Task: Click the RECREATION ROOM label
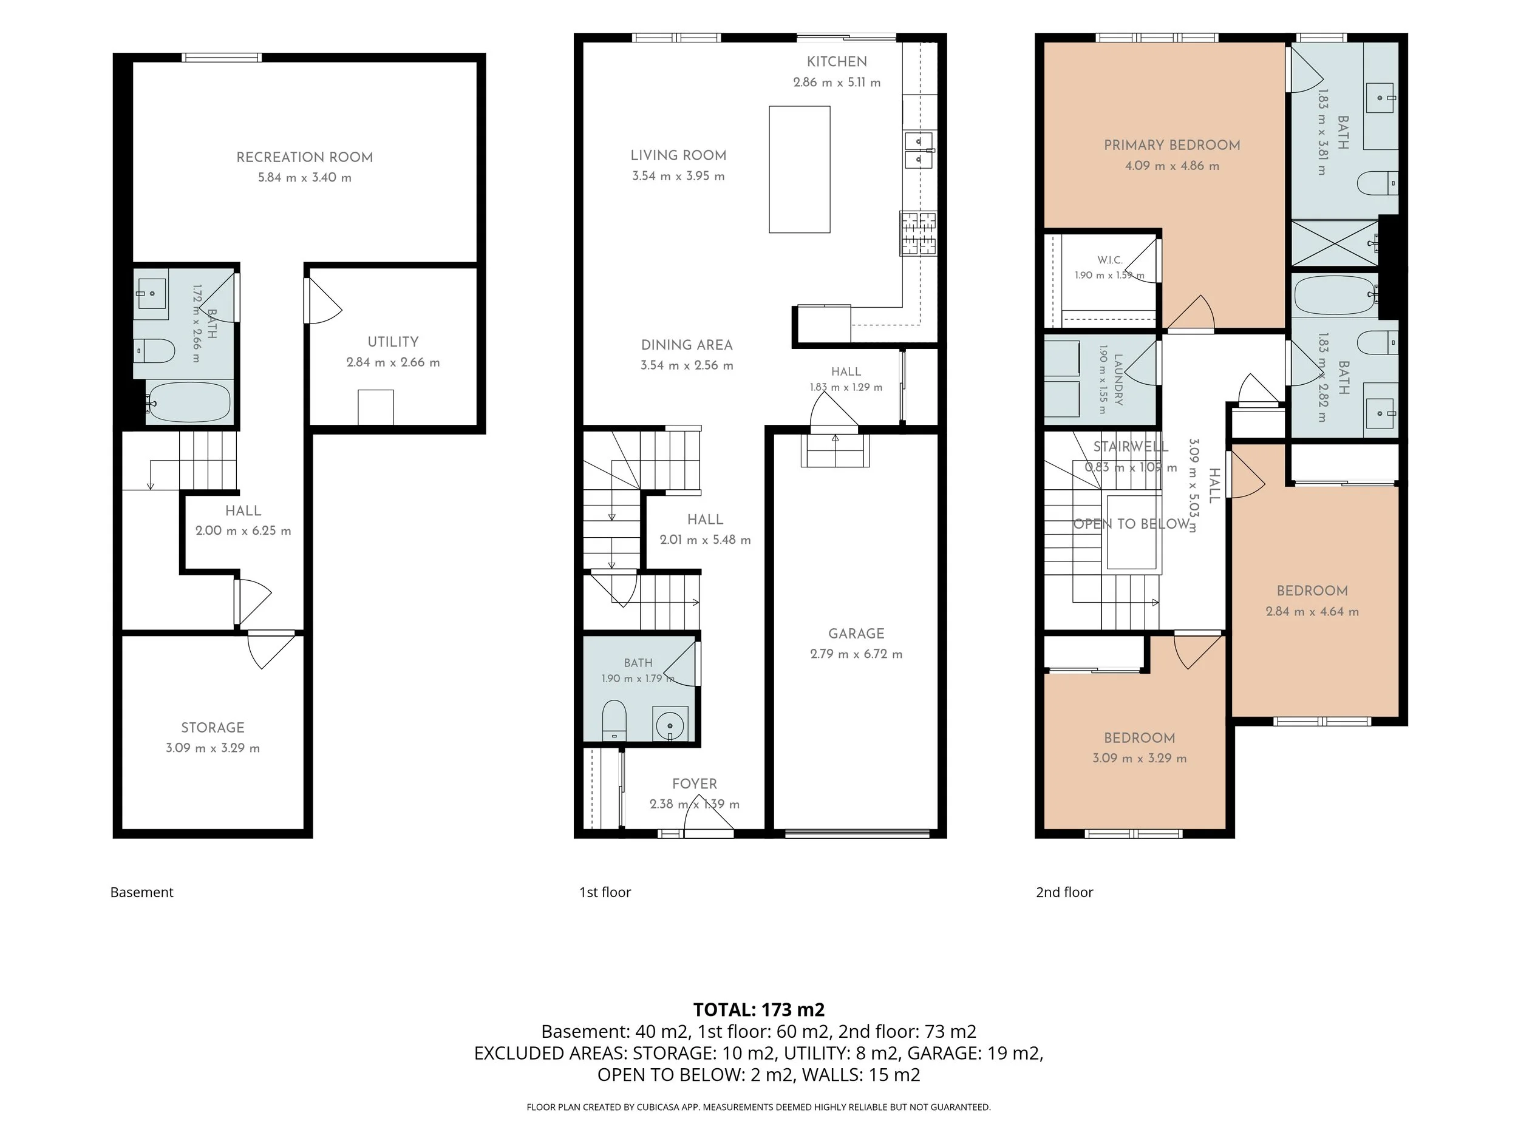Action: (305, 157)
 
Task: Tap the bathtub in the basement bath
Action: (189, 402)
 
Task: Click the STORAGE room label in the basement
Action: (213, 727)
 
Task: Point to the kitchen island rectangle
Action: (800, 169)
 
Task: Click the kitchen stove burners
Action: (918, 233)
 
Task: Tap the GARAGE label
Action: (856, 633)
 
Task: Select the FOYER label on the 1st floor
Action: (695, 784)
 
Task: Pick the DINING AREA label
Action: (687, 345)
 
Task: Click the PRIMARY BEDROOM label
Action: (1172, 144)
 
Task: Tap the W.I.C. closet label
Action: (1110, 260)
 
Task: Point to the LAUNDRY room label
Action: (1118, 379)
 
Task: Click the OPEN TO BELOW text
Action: (1132, 524)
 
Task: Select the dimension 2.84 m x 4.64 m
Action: (1312, 611)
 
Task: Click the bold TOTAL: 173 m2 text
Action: (759, 1010)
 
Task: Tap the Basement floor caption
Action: (142, 892)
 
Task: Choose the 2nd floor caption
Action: (1064, 892)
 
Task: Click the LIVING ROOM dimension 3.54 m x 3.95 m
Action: (679, 176)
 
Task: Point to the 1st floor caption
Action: (605, 892)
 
